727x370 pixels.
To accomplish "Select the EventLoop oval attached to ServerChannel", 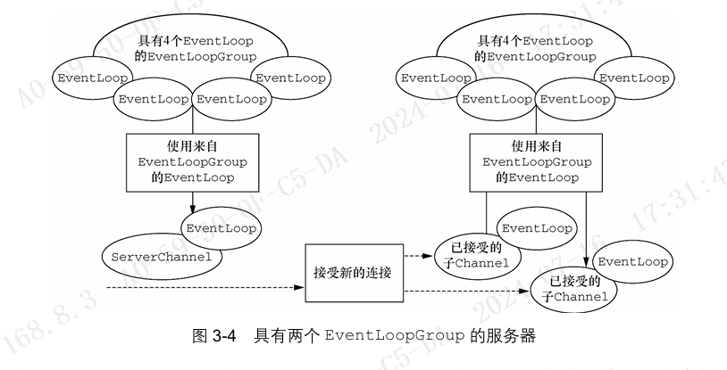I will click(x=221, y=228).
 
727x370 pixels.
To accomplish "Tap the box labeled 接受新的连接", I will click(x=353, y=270).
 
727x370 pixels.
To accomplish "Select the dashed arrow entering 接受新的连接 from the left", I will click(x=205, y=288).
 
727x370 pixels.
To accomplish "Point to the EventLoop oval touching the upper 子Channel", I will click(x=534, y=228).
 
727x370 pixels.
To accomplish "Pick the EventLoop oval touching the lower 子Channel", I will click(x=632, y=262).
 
